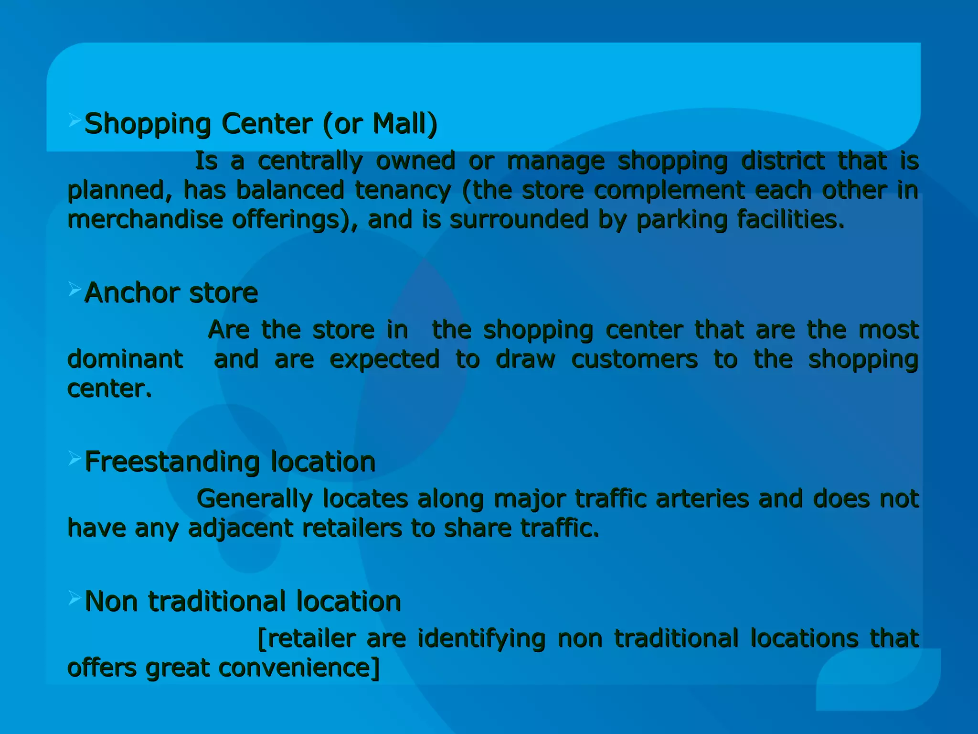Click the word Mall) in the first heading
click(x=404, y=124)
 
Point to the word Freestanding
click(x=172, y=462)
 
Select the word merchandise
click(x=145, y=220)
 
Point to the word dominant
click(x=125, y=359)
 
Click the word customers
click(x=634, y=359)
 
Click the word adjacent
click(x=241, y=529)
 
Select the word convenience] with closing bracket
click(x=299, y=668)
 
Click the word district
click(x=783, y=161)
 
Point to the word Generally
click(x=254, y=499)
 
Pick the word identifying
click(x=481, y=639)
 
